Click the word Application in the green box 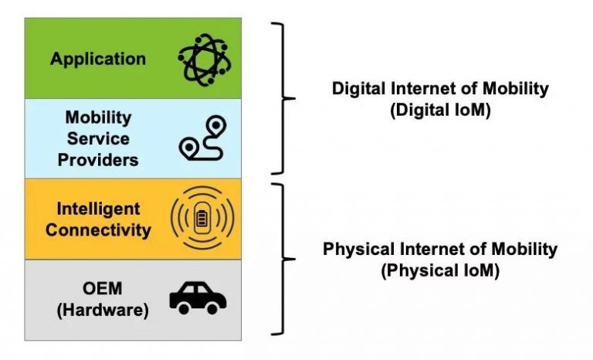tap(98, 59)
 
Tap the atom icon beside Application tap(205, 59)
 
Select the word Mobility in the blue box tap(98, 117)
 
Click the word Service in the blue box tap(98, 138)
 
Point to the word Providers tap(98, 160)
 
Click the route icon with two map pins tap(203, 138)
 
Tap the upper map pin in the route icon tap(216, 127)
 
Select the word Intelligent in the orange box tap(98, 209)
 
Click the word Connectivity tap(98, 230)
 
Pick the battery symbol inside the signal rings tap(202, 219)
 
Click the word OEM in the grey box tap(102, 289)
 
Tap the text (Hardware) tap(103, 311)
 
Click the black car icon tap(198, 297)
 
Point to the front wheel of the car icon tap(212, 308)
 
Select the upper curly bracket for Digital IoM tap(283, 98)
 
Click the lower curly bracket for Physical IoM tap(283, 260)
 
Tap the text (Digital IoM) tap(440, 110)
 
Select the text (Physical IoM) tap(440, 271)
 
